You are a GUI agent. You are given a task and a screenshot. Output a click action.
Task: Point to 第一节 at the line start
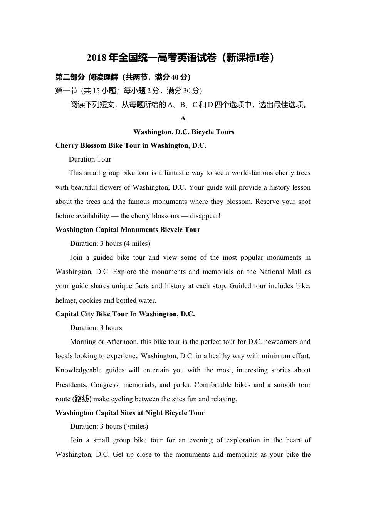pos(66,91)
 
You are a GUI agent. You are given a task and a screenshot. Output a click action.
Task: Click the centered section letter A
pos(183,118)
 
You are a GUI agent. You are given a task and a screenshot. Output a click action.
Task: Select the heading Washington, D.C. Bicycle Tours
pos(184,132)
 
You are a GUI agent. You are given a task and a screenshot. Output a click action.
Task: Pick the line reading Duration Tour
pos(90,159)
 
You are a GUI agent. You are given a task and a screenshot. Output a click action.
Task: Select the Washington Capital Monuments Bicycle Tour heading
pos(128,230)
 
